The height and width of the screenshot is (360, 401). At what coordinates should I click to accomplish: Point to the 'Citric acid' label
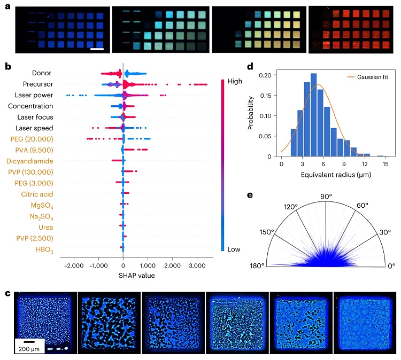[37, 193]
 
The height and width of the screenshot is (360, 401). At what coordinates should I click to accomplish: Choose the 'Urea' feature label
[46, 226]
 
